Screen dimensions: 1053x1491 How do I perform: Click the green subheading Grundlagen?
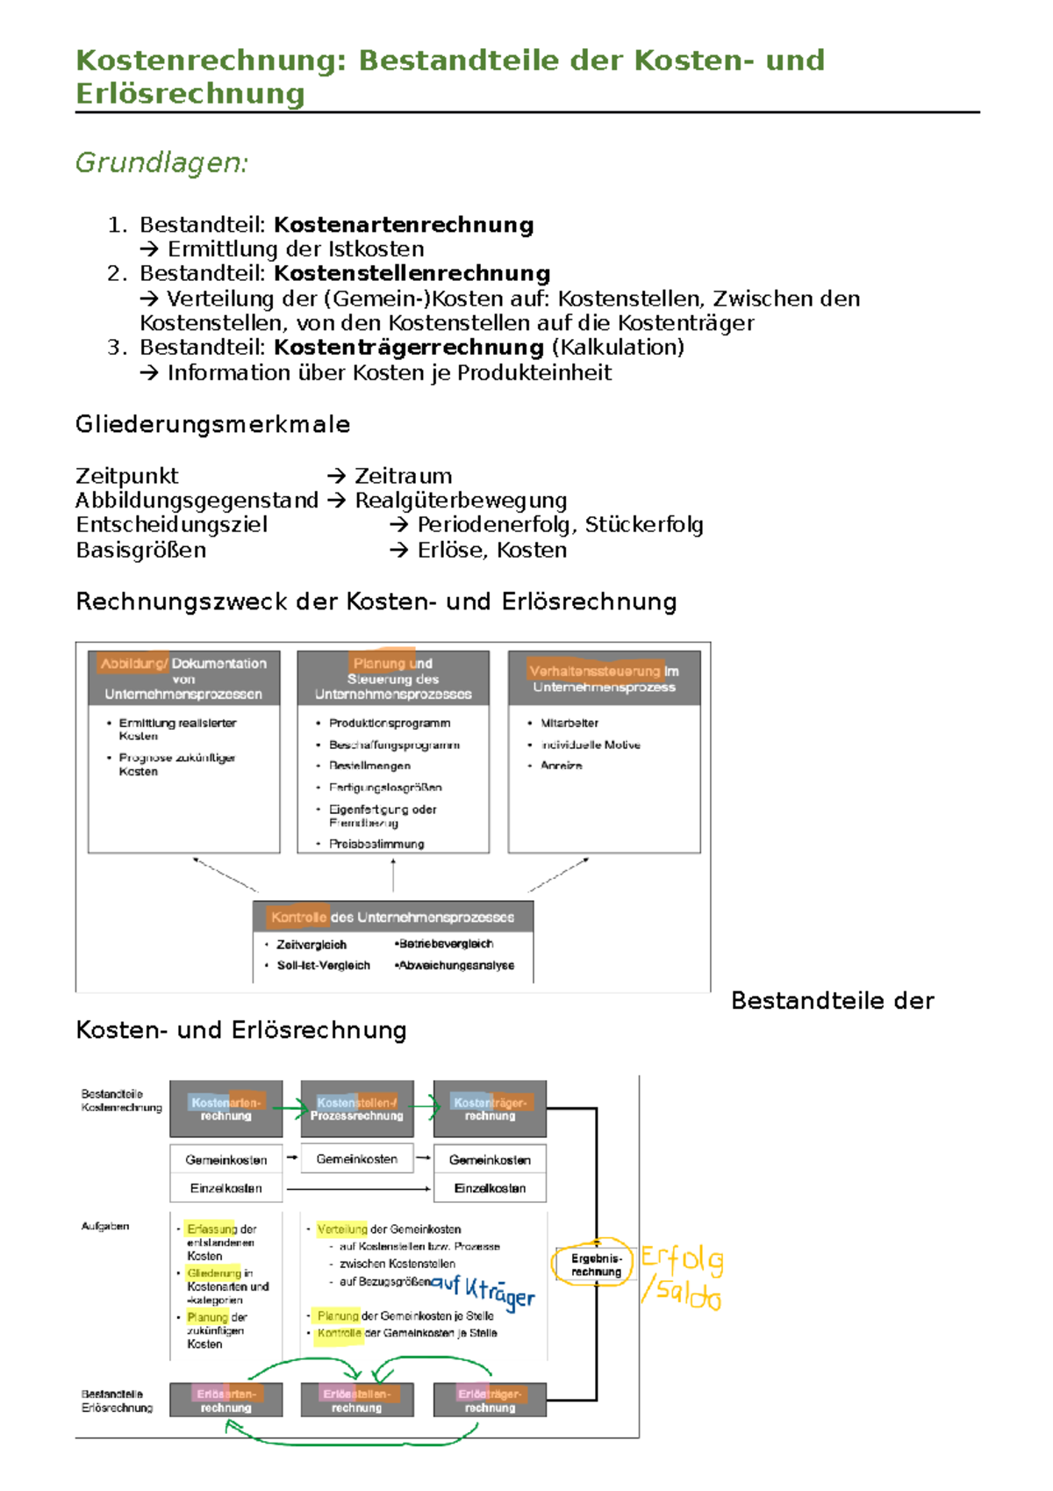pos(162,162)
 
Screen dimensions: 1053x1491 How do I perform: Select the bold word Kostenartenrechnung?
pos(404,225)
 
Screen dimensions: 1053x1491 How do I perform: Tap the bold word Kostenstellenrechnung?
pos(412,273)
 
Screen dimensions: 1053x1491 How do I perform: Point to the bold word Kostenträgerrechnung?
pos(409,347)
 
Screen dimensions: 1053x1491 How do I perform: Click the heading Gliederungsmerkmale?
pos(212,424)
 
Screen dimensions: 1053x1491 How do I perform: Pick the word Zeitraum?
pos(403,476)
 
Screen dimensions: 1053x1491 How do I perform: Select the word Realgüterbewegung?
pos(461,501)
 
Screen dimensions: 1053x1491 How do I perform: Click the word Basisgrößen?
pos(141,551)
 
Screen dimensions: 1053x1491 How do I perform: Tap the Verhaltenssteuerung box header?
pos(604,678)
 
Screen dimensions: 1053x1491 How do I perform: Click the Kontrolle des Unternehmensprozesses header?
pos(392,917)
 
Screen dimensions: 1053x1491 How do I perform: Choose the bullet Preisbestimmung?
pos(376,844)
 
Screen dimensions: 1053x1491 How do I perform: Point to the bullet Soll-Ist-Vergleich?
pos(323,965)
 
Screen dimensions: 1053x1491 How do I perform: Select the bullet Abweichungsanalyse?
pos(456,965)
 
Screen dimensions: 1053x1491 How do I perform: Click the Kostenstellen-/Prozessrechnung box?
pos(356,1109)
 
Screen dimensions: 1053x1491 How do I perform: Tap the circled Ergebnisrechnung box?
pos(596,1264)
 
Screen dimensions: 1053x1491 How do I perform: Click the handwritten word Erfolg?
pos(682,1258)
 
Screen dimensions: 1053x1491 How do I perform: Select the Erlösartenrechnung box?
pos(226,1400)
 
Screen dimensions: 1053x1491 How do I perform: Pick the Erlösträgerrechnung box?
pos(490,1400)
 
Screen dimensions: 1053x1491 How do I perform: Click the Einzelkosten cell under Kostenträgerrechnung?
pos(490,1188)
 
